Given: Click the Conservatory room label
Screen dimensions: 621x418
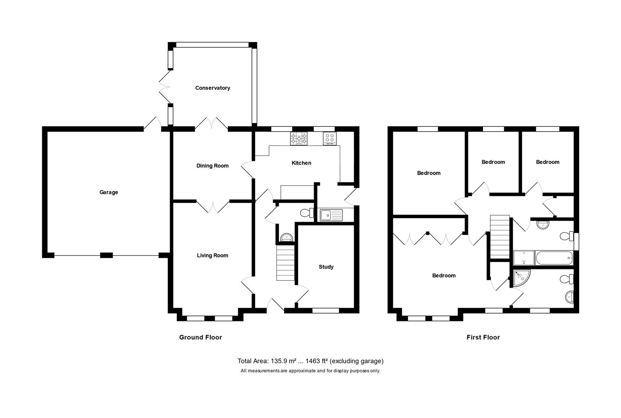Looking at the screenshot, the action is point(213,88).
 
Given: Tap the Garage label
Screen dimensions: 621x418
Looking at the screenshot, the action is point(109,192).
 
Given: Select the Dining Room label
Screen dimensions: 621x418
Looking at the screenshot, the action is point(212,166).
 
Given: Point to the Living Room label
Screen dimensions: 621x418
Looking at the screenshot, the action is point(212,255).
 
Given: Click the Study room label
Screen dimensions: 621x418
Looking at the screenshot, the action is point(326,267).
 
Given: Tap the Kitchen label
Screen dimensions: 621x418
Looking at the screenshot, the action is point(301,163).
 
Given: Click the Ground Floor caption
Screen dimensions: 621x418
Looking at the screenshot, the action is point(200,337).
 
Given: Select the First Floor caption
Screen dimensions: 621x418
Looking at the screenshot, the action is point(483,337).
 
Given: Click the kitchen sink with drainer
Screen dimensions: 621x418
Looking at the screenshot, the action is point(331,215).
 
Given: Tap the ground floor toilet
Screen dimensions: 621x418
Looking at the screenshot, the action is point(307,213).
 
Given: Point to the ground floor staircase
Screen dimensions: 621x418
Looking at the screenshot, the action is point(285,263).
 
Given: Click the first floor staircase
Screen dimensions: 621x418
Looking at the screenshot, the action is point(500,237).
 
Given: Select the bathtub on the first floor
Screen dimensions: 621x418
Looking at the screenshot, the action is point(554,258).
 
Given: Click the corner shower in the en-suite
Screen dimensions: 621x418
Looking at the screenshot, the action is point(522,278).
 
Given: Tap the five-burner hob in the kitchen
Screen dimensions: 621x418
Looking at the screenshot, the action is point(299,139).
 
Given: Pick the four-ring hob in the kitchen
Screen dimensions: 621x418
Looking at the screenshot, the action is point(330,139).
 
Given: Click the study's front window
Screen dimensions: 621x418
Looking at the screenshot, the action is point(326,310).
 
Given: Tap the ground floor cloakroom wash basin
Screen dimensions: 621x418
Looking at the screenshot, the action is point(287,238).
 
